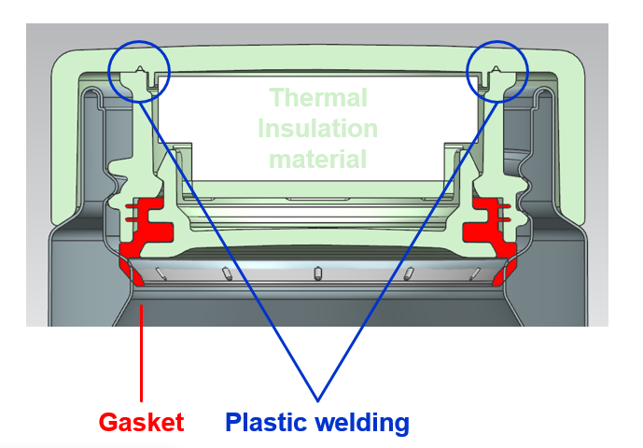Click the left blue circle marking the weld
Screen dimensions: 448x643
(x=140, y=70)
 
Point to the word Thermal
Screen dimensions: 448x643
(x=318, y=97)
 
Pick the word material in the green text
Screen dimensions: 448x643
(x=318, y=159)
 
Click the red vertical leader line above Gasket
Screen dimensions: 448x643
(x=141, y=355)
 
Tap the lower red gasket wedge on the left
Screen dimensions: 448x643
(x=125, y=271)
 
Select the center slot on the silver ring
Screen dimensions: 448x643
(x=316, y=273)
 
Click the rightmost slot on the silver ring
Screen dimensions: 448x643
(x=474, y=272)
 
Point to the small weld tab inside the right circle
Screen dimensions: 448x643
(x=496, y=70)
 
